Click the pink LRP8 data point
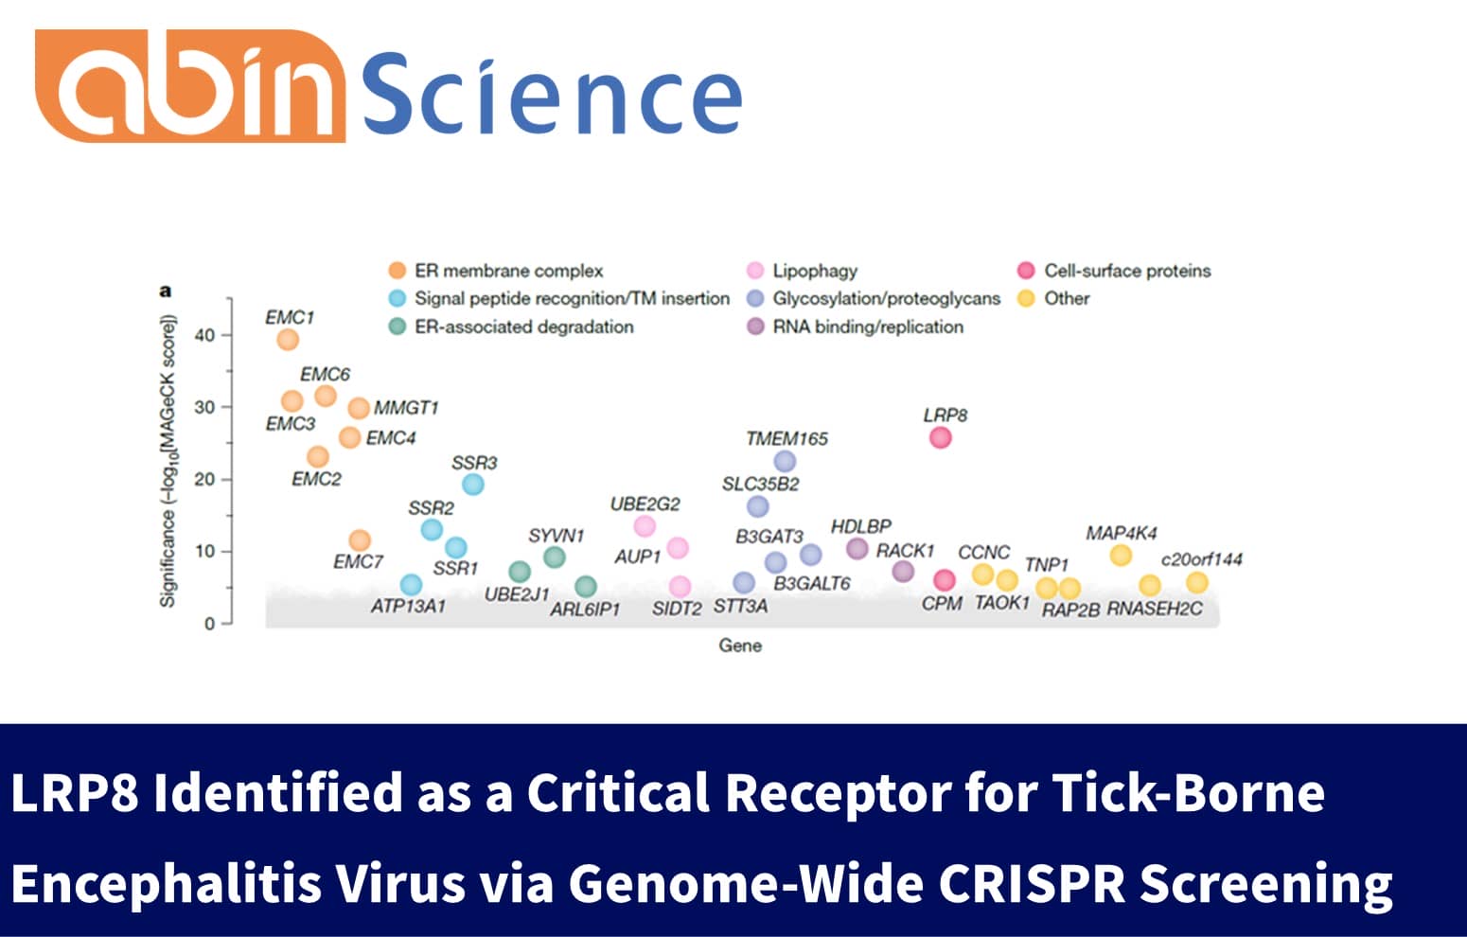(940, 437)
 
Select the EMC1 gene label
(289, 317)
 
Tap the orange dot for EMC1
(288, 339)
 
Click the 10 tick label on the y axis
(204, 551)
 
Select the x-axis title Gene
(740, 645)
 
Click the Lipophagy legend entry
(814, 271)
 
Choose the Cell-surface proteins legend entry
(1126, 271)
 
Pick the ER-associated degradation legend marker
(398, 327)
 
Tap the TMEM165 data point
(785, 461)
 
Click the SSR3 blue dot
(473, 484)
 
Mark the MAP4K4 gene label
(1121, 533)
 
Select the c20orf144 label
(1201, 559)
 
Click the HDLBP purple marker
(857, 548)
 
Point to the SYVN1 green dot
(555, 557)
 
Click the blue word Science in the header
(552, 95)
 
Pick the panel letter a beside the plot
(167, 291)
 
